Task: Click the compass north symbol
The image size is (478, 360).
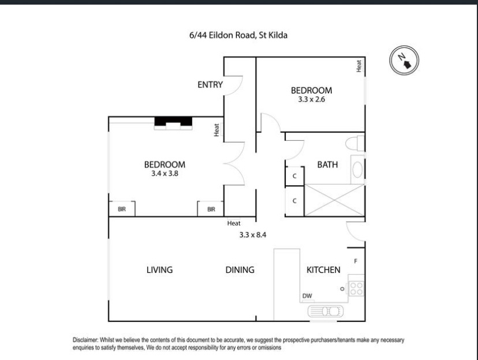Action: (x=404, y=61)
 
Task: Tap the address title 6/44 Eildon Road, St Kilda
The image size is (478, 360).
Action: (x=238, y=35)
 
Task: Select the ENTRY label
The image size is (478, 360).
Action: (x=210, y=85)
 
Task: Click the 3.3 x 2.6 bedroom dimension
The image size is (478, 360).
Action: (x=312, y=99)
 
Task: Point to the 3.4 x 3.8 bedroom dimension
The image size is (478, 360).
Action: (x=165, y=174)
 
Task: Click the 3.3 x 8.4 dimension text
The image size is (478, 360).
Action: (x=253, y=235)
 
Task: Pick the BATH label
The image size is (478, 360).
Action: (x=327, y=165)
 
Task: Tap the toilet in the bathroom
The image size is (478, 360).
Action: (x=355, y=144)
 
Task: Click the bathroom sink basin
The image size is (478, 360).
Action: (x=357, y=170)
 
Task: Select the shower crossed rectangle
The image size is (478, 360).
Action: (x=335, y=200)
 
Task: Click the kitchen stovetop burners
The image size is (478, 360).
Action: (x=356, y=288)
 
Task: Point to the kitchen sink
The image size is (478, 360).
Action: (x=325, y=312)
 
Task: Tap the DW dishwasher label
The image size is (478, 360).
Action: (x=307, y=296)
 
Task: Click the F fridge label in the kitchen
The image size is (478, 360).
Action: (x=356, y=261)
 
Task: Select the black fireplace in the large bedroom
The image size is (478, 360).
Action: (x=173, y=122)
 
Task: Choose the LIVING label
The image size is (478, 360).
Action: (x=159, y=270)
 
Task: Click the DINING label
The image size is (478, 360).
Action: (x=240, y=270)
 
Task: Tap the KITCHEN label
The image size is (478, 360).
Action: (x=323, y=270)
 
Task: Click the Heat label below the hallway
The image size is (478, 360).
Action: (x=234, y=223)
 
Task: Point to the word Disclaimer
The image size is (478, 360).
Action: (x=85, y=340)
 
